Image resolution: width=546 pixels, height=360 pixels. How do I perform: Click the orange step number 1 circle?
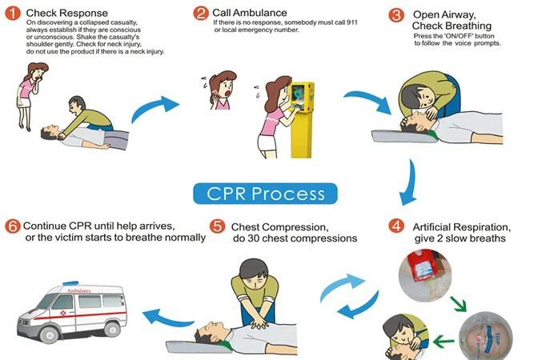tap(13, 14)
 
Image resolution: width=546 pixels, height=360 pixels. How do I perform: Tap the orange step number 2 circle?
tap(201, 14)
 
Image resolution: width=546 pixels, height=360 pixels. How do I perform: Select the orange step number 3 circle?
tap(396, 15)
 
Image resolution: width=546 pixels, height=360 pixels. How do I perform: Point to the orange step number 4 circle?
tap(396, 226)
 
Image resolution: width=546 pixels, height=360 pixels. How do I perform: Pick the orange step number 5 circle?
tap(217, 226)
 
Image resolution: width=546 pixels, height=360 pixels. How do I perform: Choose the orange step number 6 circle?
tap(13, 226)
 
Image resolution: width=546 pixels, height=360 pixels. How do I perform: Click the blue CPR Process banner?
tap(265, 194)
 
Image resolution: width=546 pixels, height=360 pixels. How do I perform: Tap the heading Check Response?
tap(67, 14)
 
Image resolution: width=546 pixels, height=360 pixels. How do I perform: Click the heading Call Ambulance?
tap(250, 13)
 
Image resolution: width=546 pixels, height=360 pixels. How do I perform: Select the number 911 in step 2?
tap(351, 22)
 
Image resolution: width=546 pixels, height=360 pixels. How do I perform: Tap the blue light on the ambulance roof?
tap(70, 283)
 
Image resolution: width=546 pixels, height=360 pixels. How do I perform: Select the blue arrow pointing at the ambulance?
tap(168, 318)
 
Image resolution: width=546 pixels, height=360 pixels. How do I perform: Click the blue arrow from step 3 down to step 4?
tap(410, 184)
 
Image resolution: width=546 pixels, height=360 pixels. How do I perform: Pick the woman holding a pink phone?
tap(222, 90)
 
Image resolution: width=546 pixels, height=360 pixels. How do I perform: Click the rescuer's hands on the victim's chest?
tap(259, 324)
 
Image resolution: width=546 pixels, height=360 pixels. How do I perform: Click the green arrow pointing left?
tap(444, 342)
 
